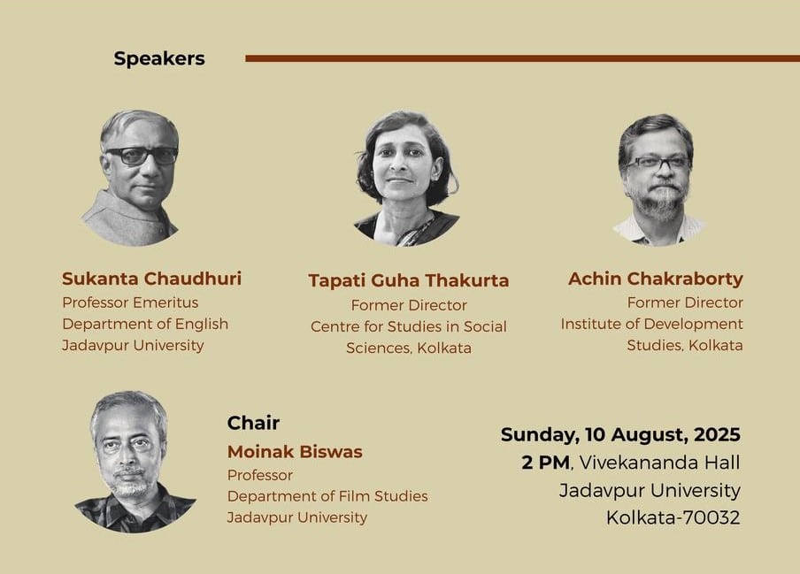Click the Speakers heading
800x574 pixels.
coord(159,58)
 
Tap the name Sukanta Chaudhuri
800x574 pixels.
coord(151,279)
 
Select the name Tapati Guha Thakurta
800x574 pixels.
coord(409,280)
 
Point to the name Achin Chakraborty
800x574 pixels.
coord(656,279)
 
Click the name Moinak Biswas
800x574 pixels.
coord(295,452)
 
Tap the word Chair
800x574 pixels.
coord(253,423)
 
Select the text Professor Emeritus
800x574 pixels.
coord(130,302)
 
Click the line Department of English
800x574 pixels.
coord(145,325)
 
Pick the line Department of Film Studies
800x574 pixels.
coord(327,496)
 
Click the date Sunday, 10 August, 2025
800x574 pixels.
coord(620,435)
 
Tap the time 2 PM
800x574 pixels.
coord(545,463)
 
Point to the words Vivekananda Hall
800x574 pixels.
coord(659,463)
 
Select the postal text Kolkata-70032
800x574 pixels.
coord(673,518)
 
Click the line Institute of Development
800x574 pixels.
coord(652,325)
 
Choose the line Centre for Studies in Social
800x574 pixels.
coord(409,326)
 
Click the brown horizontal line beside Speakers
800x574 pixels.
coord(522,58)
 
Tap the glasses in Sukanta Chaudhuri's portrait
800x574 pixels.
coord(142,156)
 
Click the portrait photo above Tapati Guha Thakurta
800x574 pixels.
coord(407,179)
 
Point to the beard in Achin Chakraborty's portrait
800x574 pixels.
coord(657,201)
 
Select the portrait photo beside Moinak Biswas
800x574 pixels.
coord(134,462)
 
